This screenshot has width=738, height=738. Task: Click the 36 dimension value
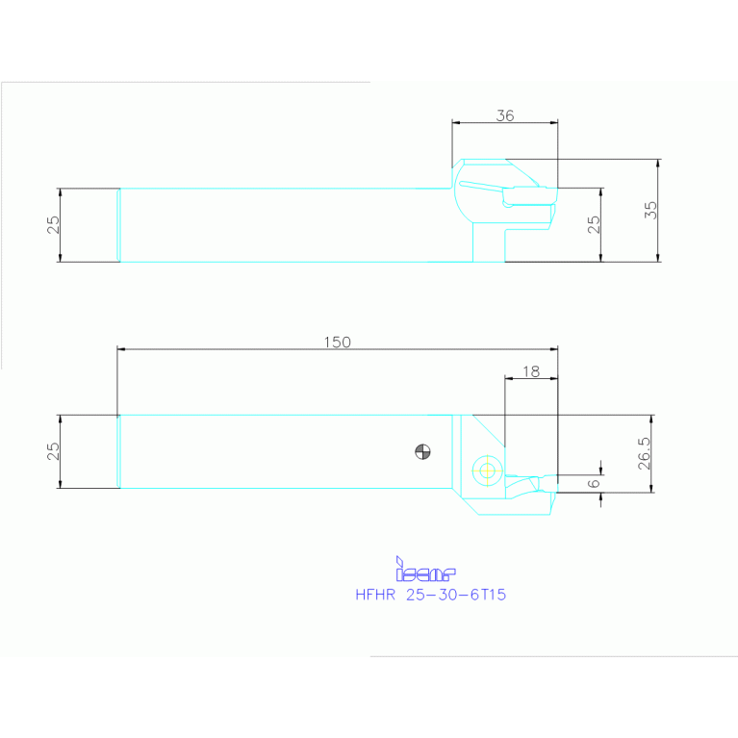[505, 115]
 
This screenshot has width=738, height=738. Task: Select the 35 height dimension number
[650, 210]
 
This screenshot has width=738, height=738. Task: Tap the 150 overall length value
[337, 342]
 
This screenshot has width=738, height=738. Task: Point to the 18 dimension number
[530, 370]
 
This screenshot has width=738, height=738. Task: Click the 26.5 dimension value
[644, 453]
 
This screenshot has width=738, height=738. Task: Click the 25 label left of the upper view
[54, 224]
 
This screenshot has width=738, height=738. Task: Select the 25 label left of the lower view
[54, 451]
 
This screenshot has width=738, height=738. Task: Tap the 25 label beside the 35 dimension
[594, 224]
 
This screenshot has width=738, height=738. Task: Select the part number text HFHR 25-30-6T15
[430, 595]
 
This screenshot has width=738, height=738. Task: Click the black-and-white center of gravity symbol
[421, 449]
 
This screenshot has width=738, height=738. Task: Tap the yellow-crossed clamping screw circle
[487, 471]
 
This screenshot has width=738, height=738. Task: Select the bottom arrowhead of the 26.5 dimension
[652, 489]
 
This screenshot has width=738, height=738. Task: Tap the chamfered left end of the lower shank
[118, 451]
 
